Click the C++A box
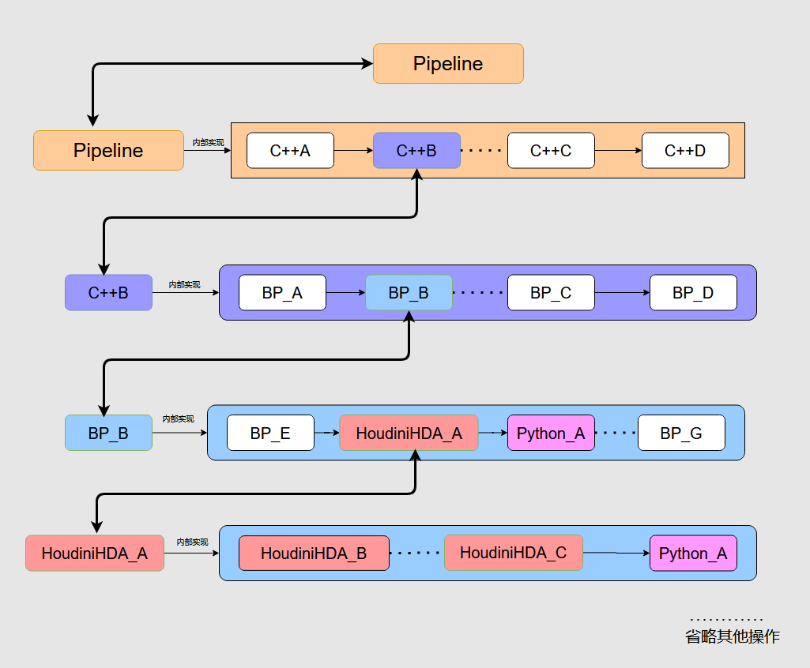coord(290,151)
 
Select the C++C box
coord(551,151)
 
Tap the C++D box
coord(685,151)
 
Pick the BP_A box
coord(282,293)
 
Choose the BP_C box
coord(551,293)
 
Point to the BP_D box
coord(693,293)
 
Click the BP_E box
coord(270,433)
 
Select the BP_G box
coord(681,433)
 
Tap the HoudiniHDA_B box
coord(314,554)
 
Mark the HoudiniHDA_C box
coord(513,553)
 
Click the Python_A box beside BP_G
coord(551,433)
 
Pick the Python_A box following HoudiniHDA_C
coord(693,554)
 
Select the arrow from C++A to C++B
coord(353,151)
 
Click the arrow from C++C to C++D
coord(618,151)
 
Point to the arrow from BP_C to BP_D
coord(622,293)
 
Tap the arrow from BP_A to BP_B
coord(345,293)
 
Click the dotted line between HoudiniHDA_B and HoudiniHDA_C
coord(416,554)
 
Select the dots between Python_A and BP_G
coord(616,433)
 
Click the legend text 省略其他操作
coord(732,636)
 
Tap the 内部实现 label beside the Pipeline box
coord(208,143)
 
